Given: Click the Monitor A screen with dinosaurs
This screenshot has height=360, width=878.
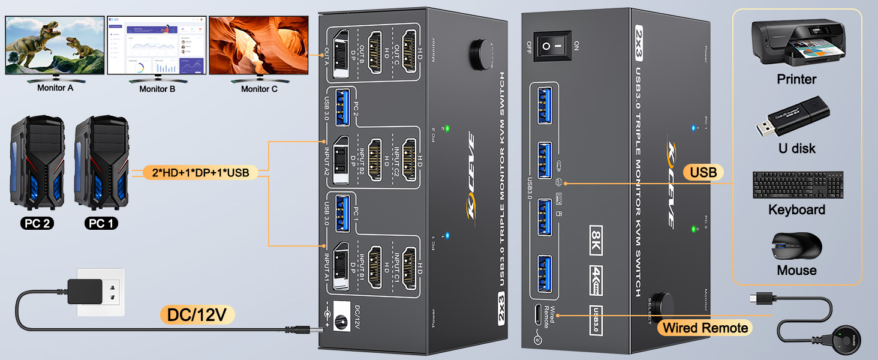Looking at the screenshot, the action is (53, 45).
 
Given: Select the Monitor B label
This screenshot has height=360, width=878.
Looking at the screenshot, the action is (157, 89).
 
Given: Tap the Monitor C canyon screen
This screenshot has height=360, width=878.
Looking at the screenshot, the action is (258, 45).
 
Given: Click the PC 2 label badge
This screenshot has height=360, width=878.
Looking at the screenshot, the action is (37, 223).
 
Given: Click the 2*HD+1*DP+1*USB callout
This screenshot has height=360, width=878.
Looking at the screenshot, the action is (200, 173).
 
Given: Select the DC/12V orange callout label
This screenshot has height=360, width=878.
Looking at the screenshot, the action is (197, 314).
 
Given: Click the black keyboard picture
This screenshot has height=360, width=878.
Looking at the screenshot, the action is (798, 185).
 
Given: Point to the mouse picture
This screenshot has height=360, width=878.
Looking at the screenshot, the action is (796, 246).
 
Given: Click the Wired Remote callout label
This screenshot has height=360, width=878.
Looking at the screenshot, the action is (704, 328).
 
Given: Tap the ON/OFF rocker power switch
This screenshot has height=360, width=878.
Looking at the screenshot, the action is (552, 46).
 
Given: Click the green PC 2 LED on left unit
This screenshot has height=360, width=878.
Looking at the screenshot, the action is (447, 128).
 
